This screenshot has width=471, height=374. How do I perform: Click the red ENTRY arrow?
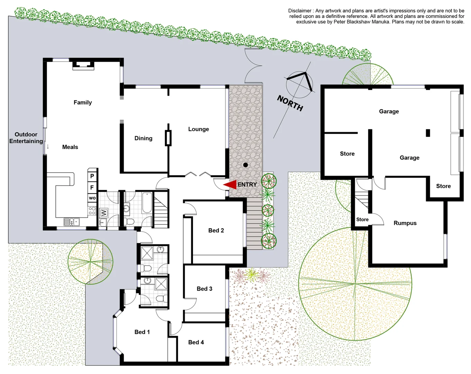[x=230, y=185]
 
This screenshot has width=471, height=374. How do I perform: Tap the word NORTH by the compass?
[x=290, y=103]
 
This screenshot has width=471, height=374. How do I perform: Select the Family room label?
[x=83, y=103]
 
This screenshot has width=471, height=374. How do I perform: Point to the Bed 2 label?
[x=216, y=231]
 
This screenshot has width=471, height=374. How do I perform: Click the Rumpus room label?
[x=405, y=223]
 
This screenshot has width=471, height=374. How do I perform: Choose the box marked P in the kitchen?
[x=92, y=176]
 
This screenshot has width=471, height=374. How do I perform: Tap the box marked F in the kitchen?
[x=92, y=188]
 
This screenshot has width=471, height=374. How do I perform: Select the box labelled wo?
[x=92, y=198]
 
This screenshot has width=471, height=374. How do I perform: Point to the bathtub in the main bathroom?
[x=147, y=203]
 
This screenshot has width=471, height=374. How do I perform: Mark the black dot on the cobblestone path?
[x=246, y=165]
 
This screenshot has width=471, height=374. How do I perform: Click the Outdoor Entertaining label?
[x=26, y=138]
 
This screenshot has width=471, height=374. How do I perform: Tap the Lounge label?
[x=198, y=129]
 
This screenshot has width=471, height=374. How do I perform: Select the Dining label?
[x=143, y=139]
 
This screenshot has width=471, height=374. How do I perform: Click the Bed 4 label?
[x=196, y=342]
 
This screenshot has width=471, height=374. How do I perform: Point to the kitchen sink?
[x=72, y=222]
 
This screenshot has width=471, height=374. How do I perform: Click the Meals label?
[x=70, y=147]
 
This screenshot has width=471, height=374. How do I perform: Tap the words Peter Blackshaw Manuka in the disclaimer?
[x=361, y=22]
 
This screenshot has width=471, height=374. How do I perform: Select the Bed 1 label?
[x=142, y=332]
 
